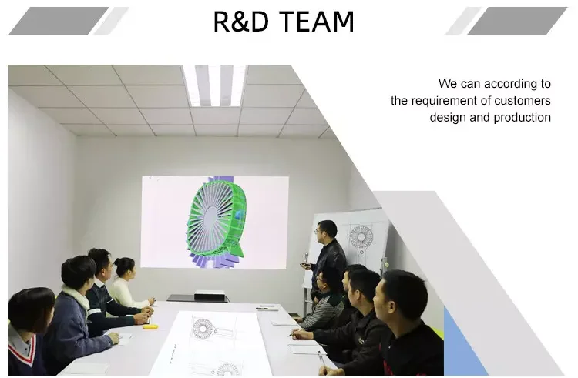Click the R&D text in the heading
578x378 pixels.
pos(241,22)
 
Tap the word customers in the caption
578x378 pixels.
pos(523,101)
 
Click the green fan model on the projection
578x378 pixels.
pos(216,220)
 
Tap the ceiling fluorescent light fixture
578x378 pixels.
pos(215,85)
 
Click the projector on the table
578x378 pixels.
pos(209,296)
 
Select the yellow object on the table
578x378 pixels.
pos(150,326)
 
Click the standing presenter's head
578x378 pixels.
pos(326,232)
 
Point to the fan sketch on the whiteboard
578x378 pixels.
pos(361,236)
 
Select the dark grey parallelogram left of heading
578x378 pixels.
pos(59,21)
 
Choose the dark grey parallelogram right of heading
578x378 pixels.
pos(518,21)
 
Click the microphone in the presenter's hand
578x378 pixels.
pos(306,259)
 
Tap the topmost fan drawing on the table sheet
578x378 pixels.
pos(203,328)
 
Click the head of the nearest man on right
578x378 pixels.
pos(402,296)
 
